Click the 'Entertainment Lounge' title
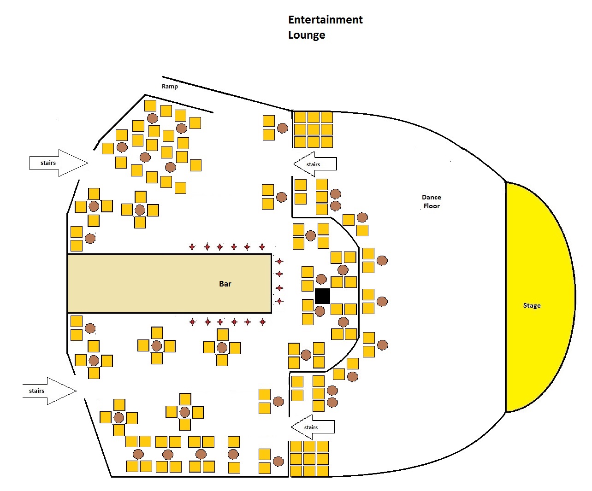tap(325, 28)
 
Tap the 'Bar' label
tap(225, 284)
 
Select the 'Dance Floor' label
tap(431, 201)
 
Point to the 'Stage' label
tap(532, 305)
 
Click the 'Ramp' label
tap(170, 87)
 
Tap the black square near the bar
tap(322, 296)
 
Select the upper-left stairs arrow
tap(59, 163)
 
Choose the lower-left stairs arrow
tap(49, 391)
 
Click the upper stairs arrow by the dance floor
tap(315, 164)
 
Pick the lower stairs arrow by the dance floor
tap(313, 427)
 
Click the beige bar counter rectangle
tap(169, 283)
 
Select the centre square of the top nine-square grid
tap(314, 130)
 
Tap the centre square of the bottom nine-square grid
tap(309, 459)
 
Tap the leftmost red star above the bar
tap(192, 247)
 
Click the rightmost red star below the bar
tap(262, 322)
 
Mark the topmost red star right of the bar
tap(279, 261)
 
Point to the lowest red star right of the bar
tap(279, 301)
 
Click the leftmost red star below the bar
tap(193, 322)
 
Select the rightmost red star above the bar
tap(262, 247)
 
